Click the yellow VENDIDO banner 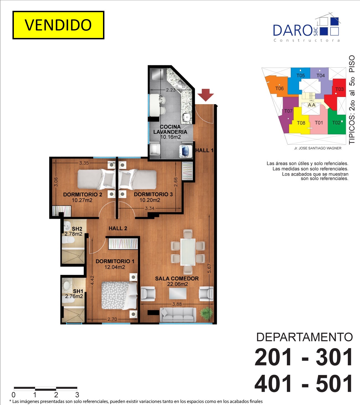pyautogui.click(x=58, y=25)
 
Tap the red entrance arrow pyautogui.click(x=205, y=95)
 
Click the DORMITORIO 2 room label pyautogui.click(x=83, y=194)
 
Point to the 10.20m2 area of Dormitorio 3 pyautogui.click(x=150, y=200)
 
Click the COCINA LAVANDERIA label pyautogui.click(x=170, y=129)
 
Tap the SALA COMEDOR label pyautogui.click(x=177, y=278)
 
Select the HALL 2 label pyautogui.click(x=118, y=228)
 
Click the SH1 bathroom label pyautogui.click(x=78, y=291)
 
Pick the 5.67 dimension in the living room pyautogui.click(x=209, y=268)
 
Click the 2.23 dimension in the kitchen pyautogui.click(x=171, y=90)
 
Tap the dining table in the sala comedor pyautogui.click(x=188, y=252)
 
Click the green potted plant pyautogui.click(x=207, y=313)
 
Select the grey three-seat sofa pyautogui.click(x=178, y=314)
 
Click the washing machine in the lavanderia pyautogui.click(x=186, y=151)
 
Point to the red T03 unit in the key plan pyautogui.click(x=336, y=94)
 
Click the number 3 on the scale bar pyautogui.click(x=77, y=395)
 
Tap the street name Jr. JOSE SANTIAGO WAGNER pyautogui.click(x=318, y=148)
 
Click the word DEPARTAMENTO pyautogui.click(x=304, y=337)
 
